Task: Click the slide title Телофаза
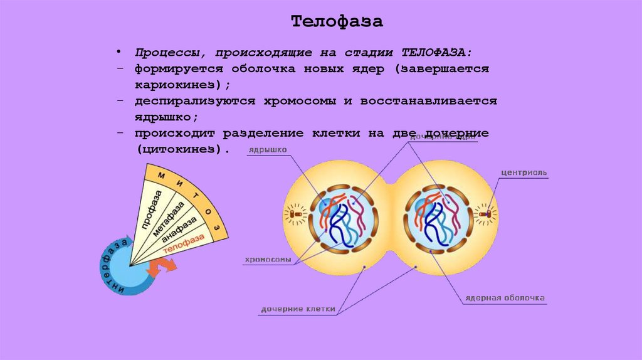tap(337, 23)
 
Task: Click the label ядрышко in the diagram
tap(268, 150)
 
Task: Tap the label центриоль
tap(524, 172)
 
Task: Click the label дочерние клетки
tap(298, 309)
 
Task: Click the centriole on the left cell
tap(296, 214)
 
